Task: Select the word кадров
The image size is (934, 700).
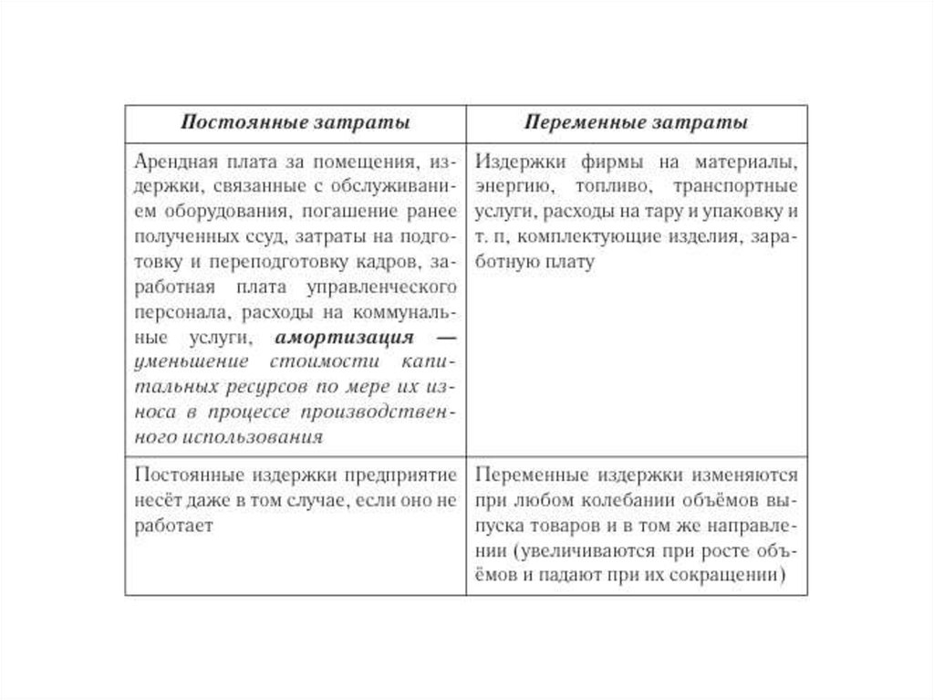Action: [386, 263]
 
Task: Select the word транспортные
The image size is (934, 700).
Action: [737, 187]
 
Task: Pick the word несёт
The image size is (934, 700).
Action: [156, 501]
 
